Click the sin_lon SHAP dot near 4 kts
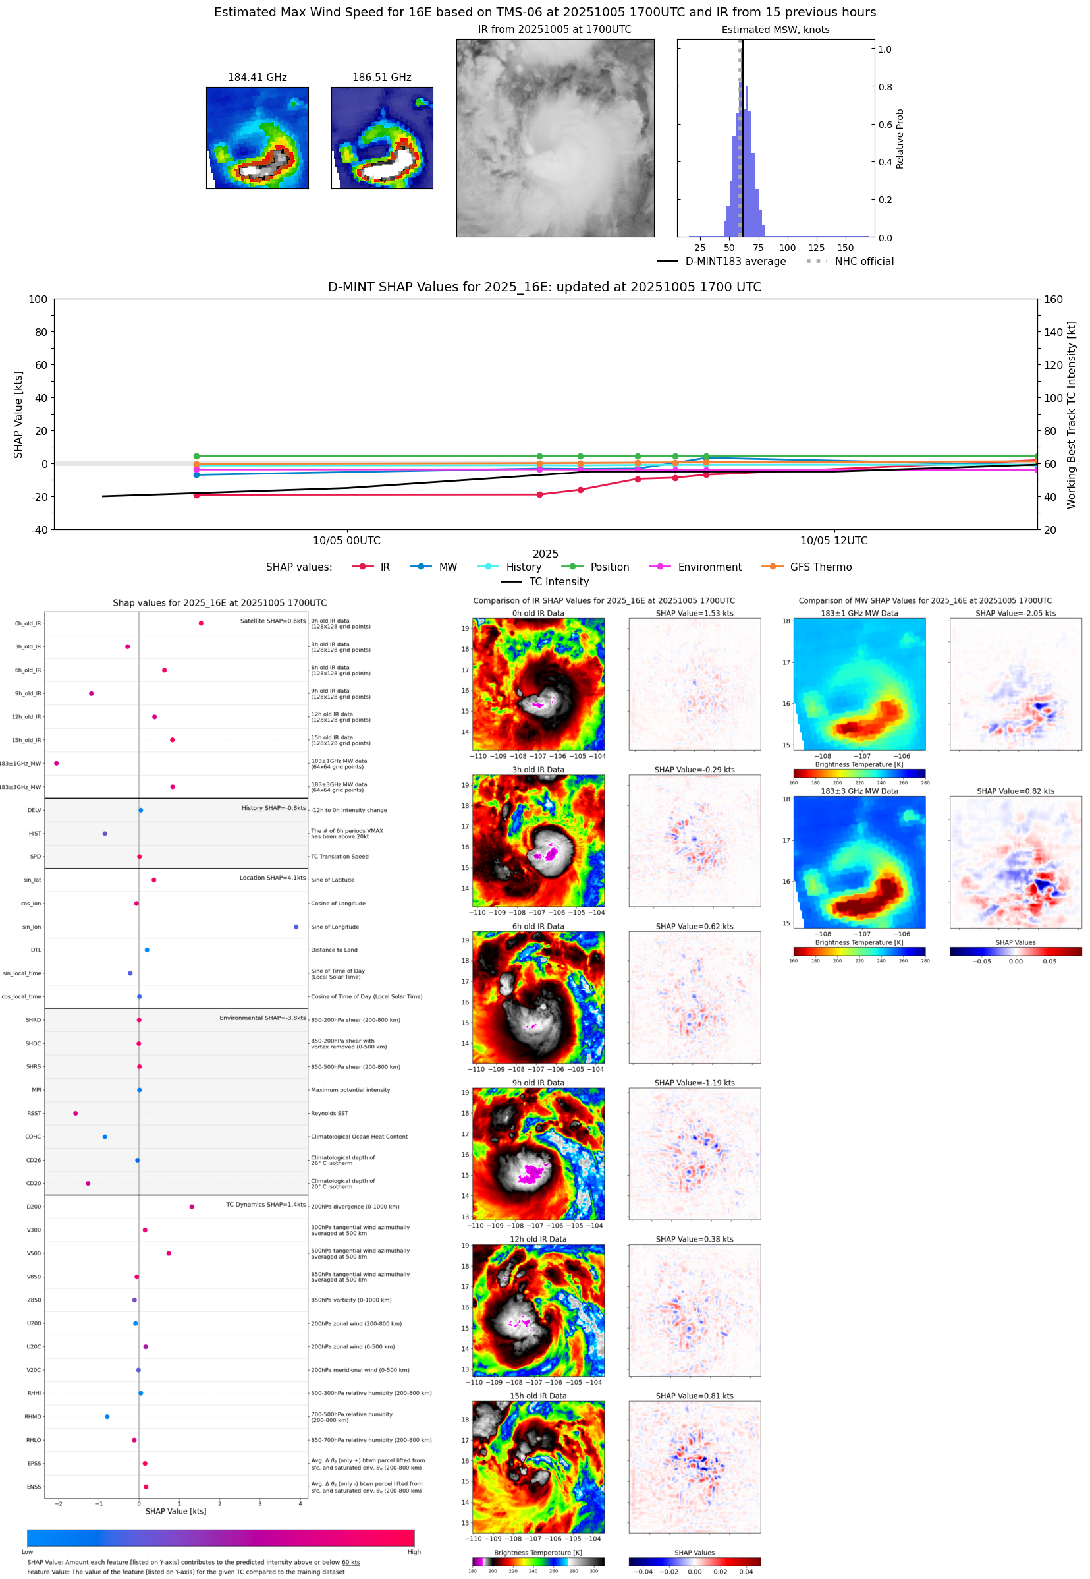(296, 927)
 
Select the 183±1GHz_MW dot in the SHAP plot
(56, 763)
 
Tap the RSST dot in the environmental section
(75, 1113)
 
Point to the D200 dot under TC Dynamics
(191, 1207)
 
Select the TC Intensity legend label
(558, 581)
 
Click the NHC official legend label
(863, 261)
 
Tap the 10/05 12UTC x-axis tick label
(833, 540)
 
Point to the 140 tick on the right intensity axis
(1052, 332)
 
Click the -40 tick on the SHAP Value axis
(39, 530)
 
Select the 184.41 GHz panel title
(257, 77)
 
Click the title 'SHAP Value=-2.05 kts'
(1015, 613)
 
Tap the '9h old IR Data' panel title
(538, 1083)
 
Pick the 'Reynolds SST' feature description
(329, 1113)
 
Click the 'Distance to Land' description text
(334, 950)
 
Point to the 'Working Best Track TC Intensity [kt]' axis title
(1071, 415)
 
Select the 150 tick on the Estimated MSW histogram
(845, 248)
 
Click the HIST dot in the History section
(105, 834)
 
